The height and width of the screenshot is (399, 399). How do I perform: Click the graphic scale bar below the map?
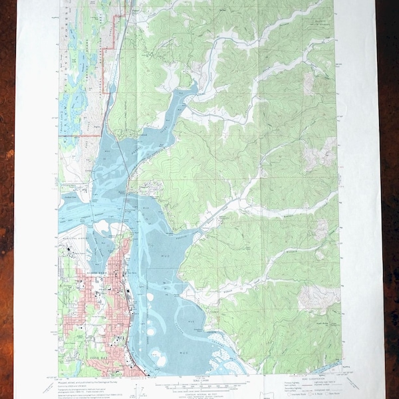(199, 385)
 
